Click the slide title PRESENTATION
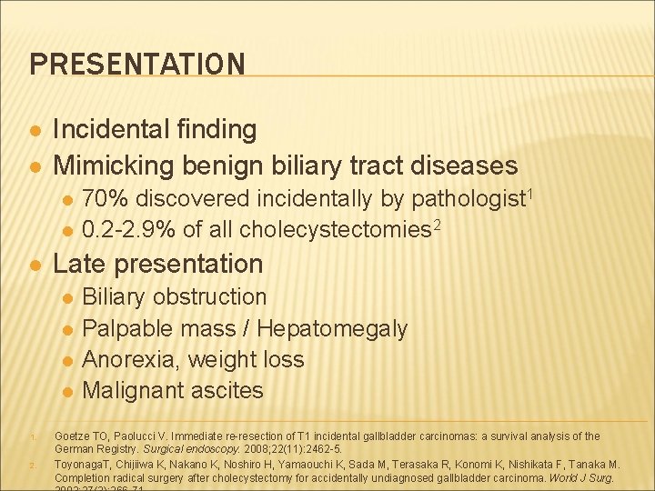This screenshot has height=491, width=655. [x=137, y=65]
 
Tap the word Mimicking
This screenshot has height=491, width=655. [x=116, y=165]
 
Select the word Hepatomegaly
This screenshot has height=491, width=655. [x=333, y=328]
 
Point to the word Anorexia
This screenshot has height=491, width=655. [x=131, y=359]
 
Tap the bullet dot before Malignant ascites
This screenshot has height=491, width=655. [x=65, y=392]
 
